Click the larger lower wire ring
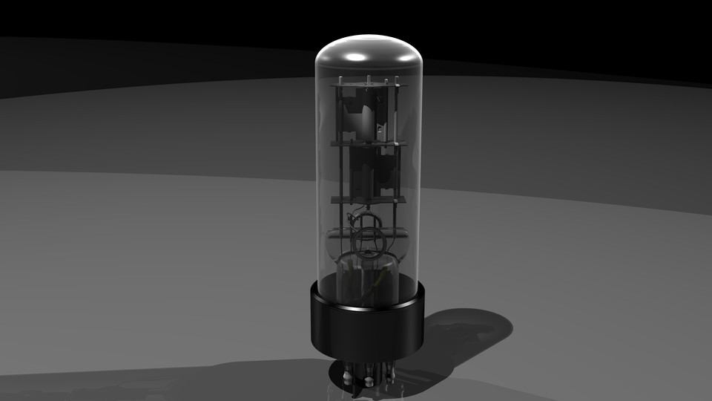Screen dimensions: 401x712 (x=368, y=242)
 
